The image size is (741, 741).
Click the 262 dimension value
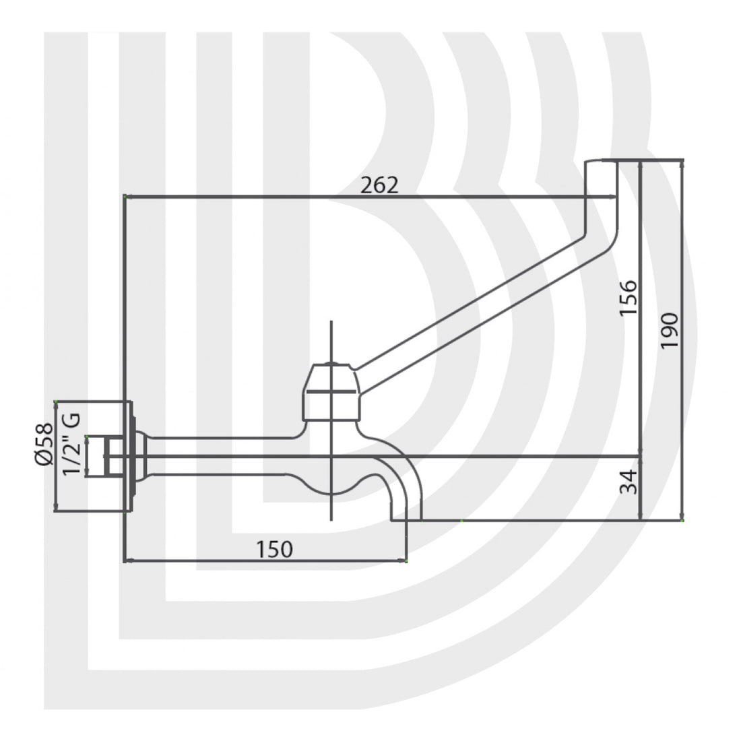click(379, 185)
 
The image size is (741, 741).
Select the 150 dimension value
click(274, 549)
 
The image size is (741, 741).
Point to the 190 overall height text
click(670, 329)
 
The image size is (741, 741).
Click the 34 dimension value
click(628, 482)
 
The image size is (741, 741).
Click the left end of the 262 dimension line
click(125, 197)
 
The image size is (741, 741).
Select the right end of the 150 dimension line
click(406, 560)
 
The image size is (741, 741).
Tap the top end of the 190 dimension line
click(683, 160)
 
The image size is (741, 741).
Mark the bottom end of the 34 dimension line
click(639, 520)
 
